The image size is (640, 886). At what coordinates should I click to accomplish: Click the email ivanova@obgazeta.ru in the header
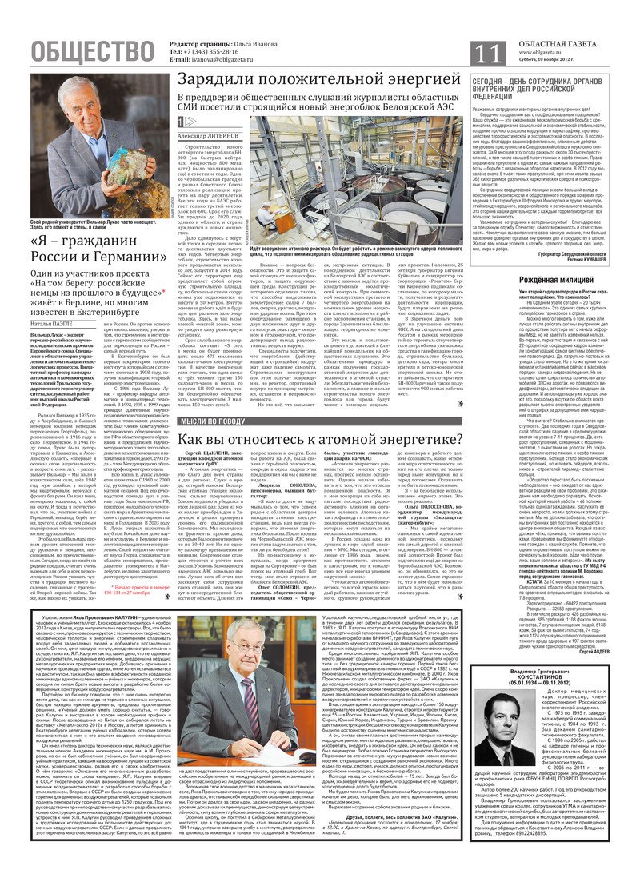point(213,60)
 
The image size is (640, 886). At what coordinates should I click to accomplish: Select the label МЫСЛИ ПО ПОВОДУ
point(212,421)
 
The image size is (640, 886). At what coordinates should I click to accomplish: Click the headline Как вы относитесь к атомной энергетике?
point(320,439)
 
